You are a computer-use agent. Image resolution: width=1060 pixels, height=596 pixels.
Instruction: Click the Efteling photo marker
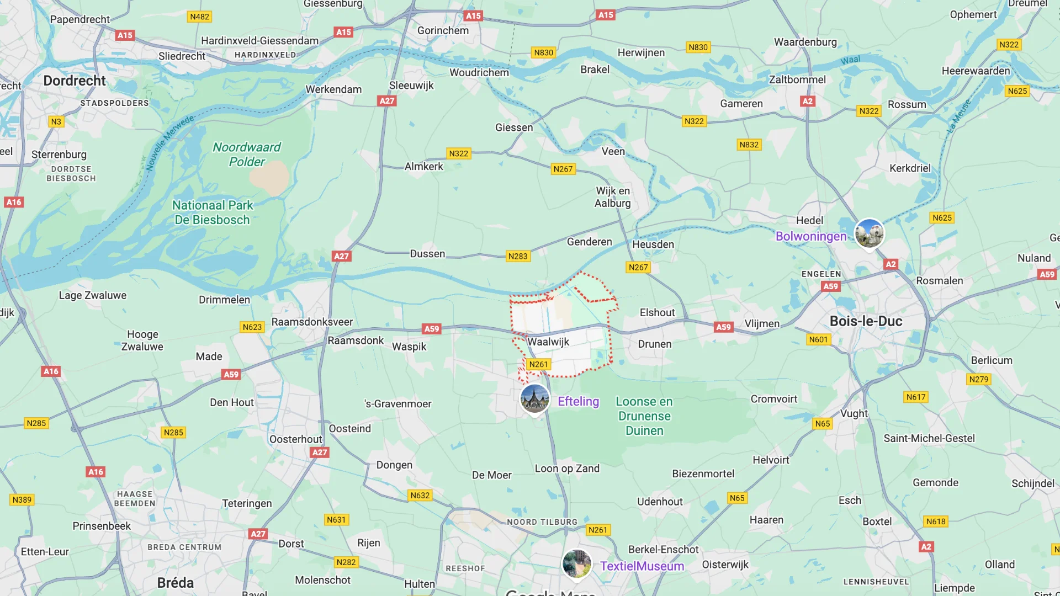tap(534, 398)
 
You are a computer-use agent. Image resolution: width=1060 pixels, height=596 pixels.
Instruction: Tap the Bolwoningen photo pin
tap(869, 233)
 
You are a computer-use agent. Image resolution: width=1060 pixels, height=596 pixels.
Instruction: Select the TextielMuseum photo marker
tap(576, 563)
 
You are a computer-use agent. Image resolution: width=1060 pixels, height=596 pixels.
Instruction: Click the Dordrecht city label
tap(75, 81)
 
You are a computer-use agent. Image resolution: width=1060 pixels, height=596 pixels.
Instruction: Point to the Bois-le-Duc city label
tap(866, 321)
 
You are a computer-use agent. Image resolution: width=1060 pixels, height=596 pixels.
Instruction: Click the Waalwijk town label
tap(548, 342)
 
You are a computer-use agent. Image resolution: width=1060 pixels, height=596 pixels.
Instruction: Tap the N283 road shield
tap(518, 256)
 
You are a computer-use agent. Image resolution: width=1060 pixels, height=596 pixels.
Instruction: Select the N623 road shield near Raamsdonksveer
tap(252, 327)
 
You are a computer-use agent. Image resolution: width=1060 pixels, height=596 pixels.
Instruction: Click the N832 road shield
tap(749, 145)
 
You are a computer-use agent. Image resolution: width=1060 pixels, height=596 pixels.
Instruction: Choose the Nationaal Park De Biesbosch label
tap(213, 212)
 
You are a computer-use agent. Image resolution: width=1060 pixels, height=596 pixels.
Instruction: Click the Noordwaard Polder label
tap(247, 155)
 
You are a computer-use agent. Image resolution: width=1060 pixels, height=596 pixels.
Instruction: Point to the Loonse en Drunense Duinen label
tap(644, 416)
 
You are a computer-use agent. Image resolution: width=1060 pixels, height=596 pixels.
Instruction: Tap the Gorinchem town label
tap(443, 30)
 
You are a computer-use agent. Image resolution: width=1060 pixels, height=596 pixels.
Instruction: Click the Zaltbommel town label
tap(797, 79)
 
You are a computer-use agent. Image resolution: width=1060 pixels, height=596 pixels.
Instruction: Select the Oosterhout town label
tap(295, 439)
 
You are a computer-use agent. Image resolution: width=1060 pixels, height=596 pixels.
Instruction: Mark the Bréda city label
tap(175, 583)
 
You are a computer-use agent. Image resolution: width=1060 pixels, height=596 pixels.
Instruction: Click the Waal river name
tap(850, 60)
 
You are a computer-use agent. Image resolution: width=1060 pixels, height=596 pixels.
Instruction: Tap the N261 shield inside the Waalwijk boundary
tap(538, 364)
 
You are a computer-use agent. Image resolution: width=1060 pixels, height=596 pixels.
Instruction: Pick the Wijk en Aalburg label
tap(612, 197)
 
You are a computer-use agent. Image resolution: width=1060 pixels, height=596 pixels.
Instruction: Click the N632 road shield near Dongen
tap(420, 496)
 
